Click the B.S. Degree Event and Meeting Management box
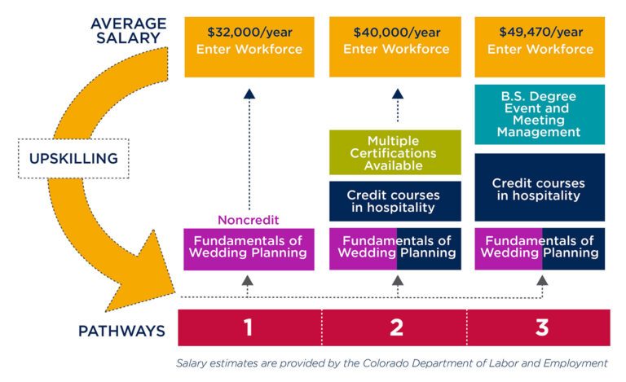(x=541, y=114)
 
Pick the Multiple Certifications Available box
(x=395, y=153)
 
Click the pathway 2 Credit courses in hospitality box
(x=395, y=201)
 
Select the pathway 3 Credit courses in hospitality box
(x=541, y=189)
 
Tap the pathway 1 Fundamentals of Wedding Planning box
(x=249, y=248)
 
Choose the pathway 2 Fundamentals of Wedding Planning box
(x=395, y=248)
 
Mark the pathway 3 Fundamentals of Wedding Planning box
(x=541, y=248)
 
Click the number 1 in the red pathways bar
(x=249, y=327)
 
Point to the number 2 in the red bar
(x=396, y=327)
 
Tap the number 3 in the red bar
(x=541, y=327)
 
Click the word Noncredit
(x=249, y=220)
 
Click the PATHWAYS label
(x=121, y=331)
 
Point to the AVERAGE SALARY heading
(x=130, y=29)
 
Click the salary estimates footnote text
(x=392, y=362)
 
